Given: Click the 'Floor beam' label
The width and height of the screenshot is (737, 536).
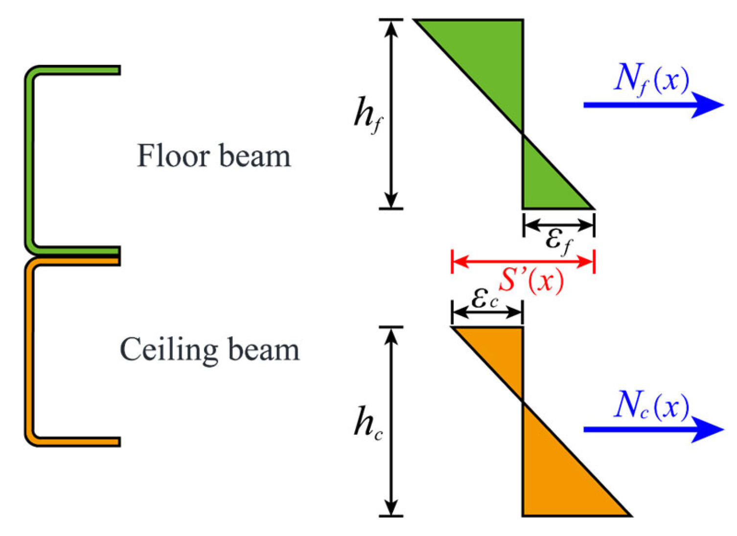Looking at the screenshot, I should click(x=214, y=156).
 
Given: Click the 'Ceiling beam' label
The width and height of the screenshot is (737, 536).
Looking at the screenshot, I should click(x=209, y=350).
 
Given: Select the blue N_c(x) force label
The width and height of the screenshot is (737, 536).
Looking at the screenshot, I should click(x=651, y=406).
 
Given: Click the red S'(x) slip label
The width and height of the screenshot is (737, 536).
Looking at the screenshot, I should click(x=531, y=280).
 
